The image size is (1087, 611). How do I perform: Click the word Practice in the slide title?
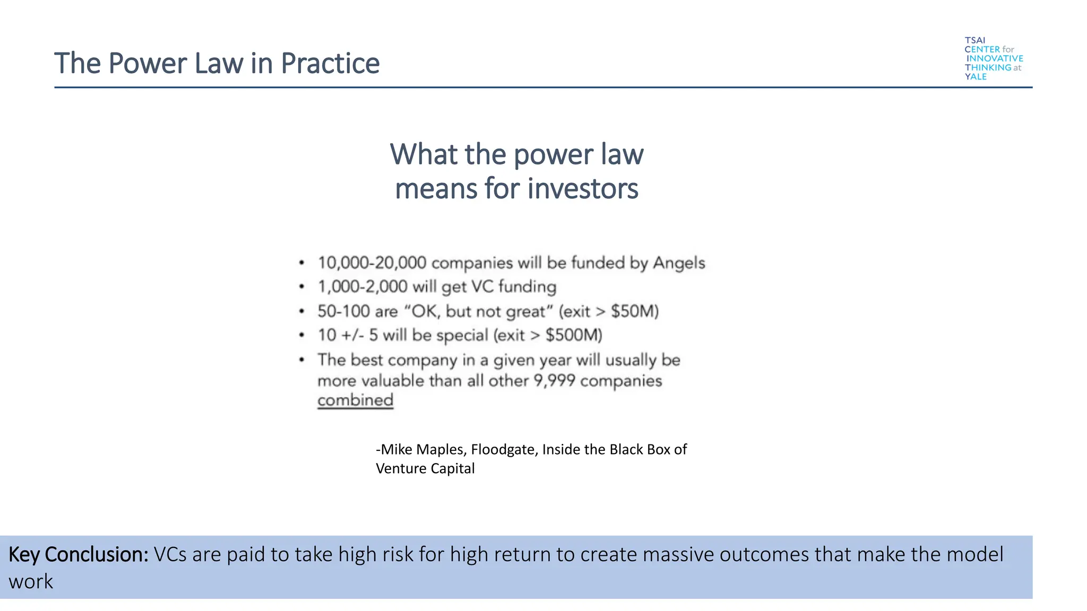coord(330,64)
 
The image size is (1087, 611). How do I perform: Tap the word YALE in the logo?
coord(976,77)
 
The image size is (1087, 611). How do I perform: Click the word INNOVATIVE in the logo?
coord(995,58)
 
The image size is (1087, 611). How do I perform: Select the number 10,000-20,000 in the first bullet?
coord(372,263)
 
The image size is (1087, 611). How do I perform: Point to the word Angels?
coord(679,263)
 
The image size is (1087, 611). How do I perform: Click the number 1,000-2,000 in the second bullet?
coord(363,287)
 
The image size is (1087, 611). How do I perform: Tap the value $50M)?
coord(635,311)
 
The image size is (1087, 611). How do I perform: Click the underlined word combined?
coord(355,400)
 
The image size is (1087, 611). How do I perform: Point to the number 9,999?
coord(554,381)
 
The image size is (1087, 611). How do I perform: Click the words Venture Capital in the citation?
coord(425,469)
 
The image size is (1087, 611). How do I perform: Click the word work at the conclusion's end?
coord(31,582)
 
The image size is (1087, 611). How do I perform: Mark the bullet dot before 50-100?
coord(301,311)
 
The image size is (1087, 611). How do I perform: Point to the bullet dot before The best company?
coord(301,360)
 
